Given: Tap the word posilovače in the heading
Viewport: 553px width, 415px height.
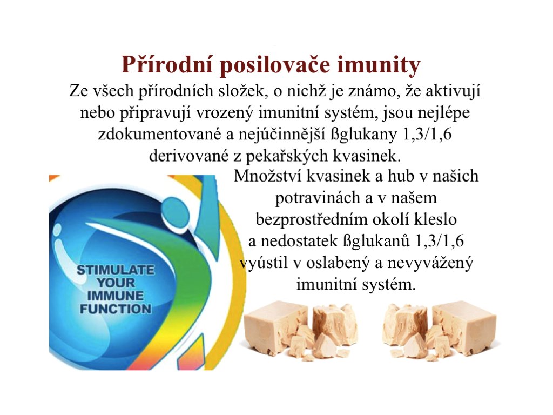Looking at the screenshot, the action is [275, 65].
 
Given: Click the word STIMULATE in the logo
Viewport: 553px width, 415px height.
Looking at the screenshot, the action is [116, 270].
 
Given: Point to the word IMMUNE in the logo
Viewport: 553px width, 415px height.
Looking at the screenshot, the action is [116, 296].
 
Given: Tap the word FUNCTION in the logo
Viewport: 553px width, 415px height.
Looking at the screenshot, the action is [116, 309].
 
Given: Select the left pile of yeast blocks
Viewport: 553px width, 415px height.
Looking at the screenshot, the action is [300, 330].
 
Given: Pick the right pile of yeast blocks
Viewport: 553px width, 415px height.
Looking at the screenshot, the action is [441, 330].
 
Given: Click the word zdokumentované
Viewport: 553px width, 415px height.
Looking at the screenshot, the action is [159, 135].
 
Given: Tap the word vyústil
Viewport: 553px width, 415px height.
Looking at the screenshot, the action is [263, 264].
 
